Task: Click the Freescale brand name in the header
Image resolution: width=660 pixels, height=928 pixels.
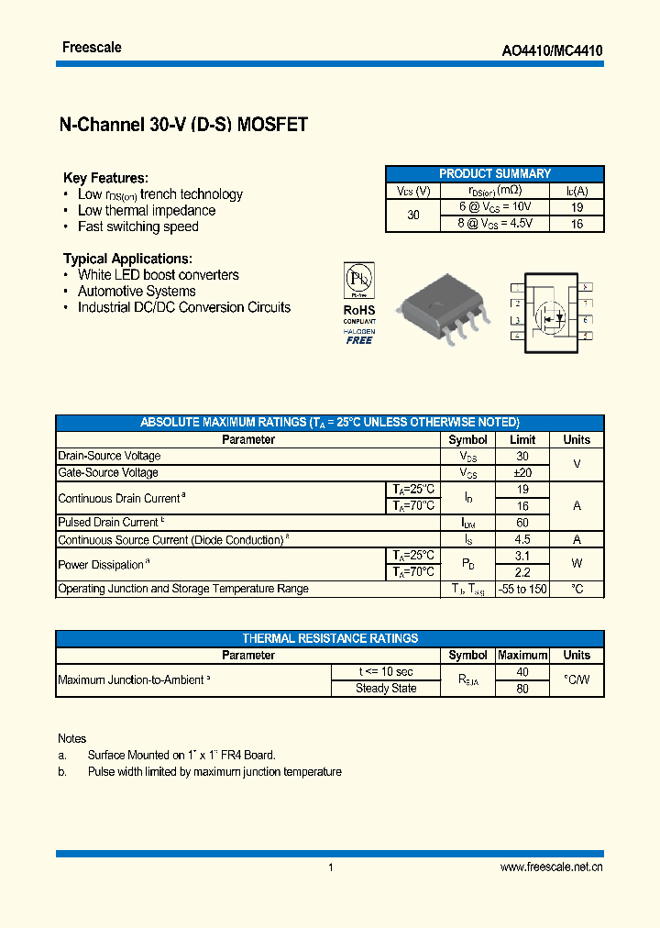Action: click(92, 48)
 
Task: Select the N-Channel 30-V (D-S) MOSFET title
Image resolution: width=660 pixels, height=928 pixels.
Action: click(183, 126)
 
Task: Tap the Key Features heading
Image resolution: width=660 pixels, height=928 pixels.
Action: click(105, 178)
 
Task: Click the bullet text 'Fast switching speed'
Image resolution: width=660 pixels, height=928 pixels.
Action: click(137, 226)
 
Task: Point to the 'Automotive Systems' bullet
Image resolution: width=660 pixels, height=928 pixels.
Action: click(137, 291)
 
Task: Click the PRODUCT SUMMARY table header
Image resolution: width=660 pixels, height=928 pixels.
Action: click(495, 173)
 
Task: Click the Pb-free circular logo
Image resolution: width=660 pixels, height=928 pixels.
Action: click(358, 279)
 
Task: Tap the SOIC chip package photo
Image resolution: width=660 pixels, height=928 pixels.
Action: click(439, 306)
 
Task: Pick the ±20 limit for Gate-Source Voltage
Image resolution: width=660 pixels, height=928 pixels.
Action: click(522, 472)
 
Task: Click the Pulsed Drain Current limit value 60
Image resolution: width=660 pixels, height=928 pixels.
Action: click(522, 523)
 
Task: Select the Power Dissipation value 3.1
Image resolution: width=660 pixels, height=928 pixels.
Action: click(522, 556)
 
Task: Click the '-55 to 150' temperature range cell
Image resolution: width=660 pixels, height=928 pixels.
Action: click(522, 589)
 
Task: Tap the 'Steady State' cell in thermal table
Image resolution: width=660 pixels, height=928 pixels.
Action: click(386, 689)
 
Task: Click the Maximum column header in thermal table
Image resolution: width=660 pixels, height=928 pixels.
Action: click(522, 656)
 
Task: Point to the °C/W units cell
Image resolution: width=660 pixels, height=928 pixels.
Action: click(577, 679)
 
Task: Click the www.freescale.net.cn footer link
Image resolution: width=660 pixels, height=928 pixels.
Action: click(552, 867)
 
